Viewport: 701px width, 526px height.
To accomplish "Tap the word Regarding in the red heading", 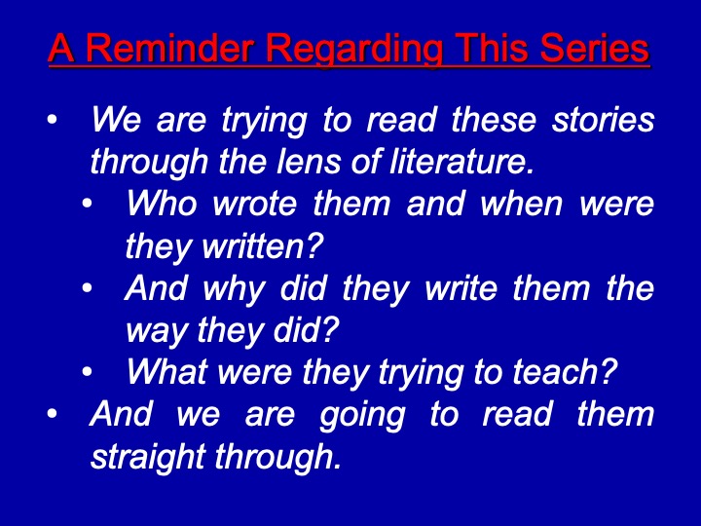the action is click(x=354, y=50).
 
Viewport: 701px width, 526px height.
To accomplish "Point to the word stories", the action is click(x=603, y=120).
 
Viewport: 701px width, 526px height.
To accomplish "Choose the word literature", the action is click(x=461, y=161).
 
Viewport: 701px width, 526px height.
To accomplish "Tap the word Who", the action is click(x=162, y=203).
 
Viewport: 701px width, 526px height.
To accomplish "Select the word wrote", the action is click(x=254, y=204).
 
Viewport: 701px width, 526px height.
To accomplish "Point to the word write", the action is click(x=461, y=287).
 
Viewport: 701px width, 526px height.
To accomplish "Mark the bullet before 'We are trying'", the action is click(x=53, y=120).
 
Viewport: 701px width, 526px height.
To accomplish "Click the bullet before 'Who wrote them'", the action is click(x=88, y=204).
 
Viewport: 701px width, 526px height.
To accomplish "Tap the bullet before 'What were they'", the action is click(x=88, y=372).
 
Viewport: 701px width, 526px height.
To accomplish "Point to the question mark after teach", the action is click(x=609, y=371).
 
